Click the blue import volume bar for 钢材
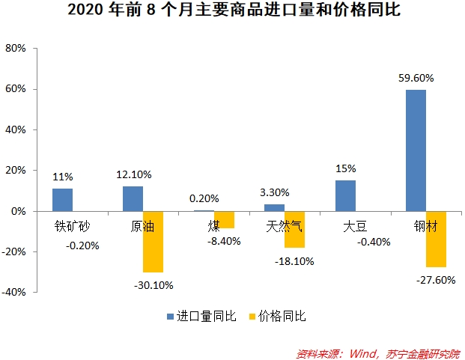point(416,150)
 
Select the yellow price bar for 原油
point(154,241)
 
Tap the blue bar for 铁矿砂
point(62,200)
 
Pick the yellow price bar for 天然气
point(295,229)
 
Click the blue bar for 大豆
point(345,196)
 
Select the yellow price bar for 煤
point(224,219)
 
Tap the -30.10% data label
point(154,285)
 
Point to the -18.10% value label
point(295,261)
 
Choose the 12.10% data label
point(133,174)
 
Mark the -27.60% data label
point(435,279)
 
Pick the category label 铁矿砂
point(72,225)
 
